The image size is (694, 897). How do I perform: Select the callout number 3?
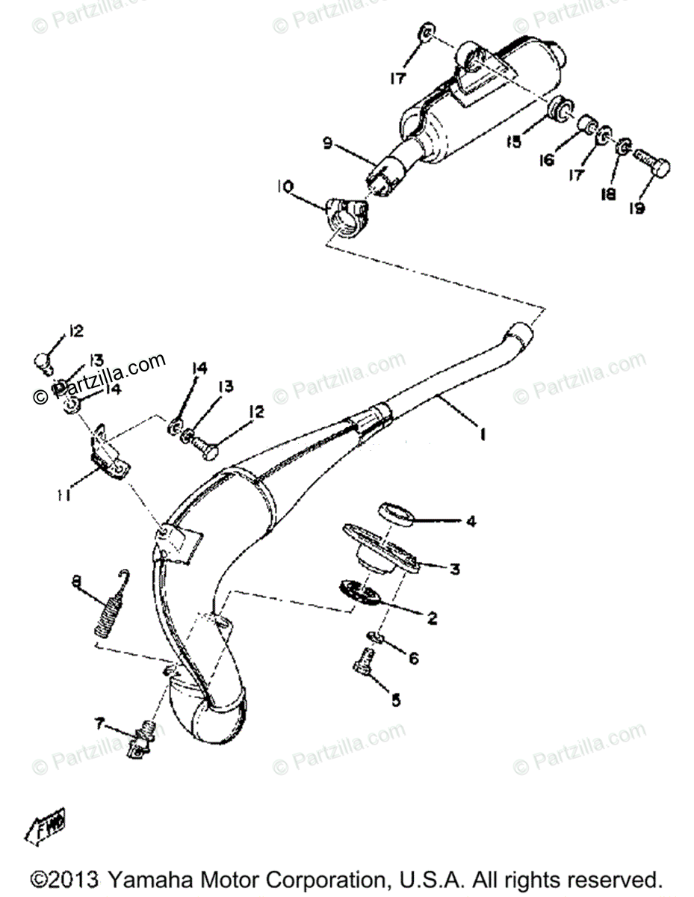coord(455,569)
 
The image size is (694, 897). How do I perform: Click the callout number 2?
coord(433,618)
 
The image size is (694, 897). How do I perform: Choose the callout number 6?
coord(413,658)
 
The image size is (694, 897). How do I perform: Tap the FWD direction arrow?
coord(46,825)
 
